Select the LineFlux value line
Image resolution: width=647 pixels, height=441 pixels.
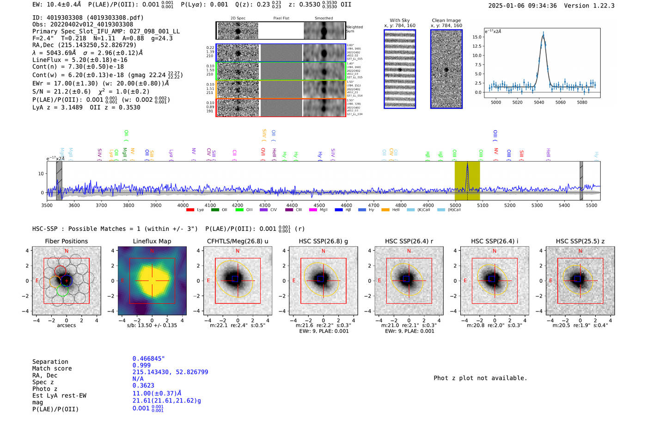(80, 60)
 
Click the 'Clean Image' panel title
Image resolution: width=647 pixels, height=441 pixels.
(446, 20)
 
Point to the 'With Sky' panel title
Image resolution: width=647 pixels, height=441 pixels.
(399, 20)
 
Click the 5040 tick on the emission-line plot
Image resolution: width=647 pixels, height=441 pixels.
(539, 102)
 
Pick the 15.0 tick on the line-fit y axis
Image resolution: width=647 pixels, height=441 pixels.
(477, 37)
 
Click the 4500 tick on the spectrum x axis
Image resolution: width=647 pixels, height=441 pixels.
(319, 205)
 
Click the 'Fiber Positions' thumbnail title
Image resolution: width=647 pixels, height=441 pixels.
(66, 241)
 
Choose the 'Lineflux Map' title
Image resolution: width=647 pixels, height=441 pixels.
(152, 241)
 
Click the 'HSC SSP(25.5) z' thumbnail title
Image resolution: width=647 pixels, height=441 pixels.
(580, 241)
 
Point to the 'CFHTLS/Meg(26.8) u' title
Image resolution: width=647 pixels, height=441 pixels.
(238, 241)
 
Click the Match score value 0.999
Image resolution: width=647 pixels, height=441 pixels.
(141, 366)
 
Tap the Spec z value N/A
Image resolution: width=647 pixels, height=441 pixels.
(138, 379)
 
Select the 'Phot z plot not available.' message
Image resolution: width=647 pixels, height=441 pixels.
(480, 378)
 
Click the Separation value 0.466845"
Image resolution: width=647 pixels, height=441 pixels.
(148, 359)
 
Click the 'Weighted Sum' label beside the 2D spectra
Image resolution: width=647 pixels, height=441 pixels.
(354, 29)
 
